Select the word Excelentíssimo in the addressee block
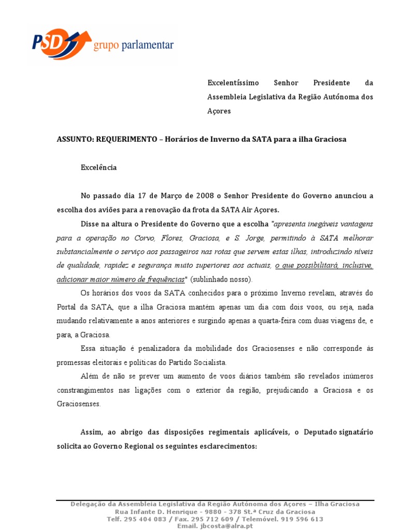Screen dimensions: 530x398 pyautogui.click(x=231, y=83)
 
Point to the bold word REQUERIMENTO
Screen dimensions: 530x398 pyautogui.click(x=126, y=140)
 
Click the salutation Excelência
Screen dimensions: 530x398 pyautogui.click(x=98, y=168)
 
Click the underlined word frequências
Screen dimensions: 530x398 pyautogui.click(x=164, y=279)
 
